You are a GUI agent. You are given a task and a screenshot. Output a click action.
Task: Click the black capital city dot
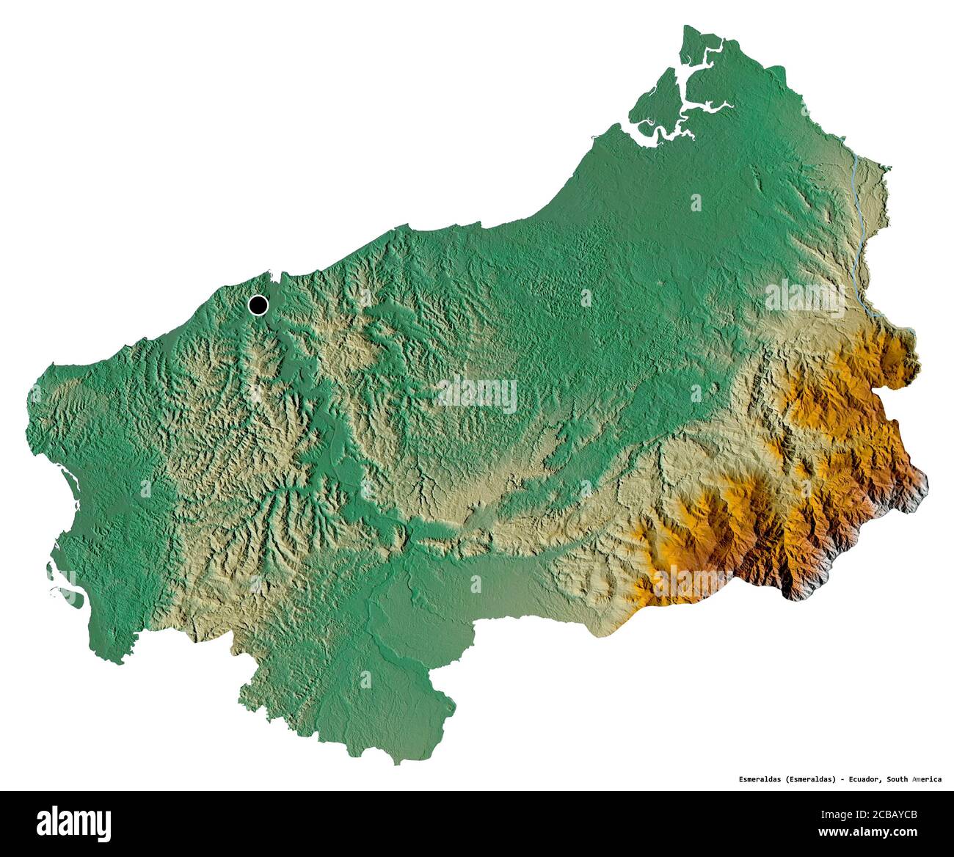[258, 304]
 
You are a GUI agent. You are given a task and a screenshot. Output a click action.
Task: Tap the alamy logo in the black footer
[73, 823]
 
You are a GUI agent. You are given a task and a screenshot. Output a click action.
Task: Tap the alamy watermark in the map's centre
[477, 394]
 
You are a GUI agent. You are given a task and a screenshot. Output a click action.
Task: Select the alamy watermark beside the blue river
[804, 297]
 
